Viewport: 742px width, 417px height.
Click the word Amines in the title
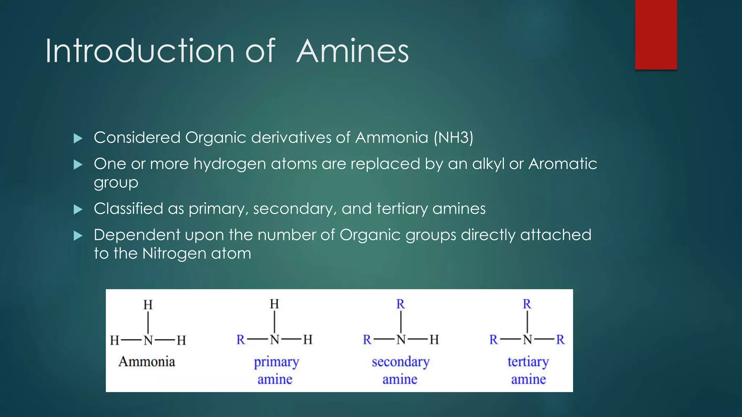click(352, 51)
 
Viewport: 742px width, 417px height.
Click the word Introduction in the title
click(140, 51)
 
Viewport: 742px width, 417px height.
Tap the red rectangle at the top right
click(656, 35)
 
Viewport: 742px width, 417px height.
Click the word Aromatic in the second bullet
click(562, 164)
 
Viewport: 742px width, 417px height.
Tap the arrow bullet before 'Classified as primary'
click(78, 210)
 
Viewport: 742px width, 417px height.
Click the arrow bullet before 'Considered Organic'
click(78, 138)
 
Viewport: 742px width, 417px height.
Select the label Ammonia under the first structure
click(147, 362)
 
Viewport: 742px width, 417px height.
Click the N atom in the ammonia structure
click(148, 340)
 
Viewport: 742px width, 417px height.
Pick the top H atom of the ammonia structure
click(148, 305)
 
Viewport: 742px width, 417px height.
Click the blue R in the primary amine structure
click(241, 340)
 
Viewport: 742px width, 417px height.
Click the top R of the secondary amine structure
click(400, 304)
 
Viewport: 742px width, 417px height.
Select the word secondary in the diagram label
click(400, 362)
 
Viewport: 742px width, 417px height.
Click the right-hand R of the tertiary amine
click(560, 340)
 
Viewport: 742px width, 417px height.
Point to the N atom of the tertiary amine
click(527, 340)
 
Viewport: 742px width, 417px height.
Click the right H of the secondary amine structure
click(434, 340)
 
